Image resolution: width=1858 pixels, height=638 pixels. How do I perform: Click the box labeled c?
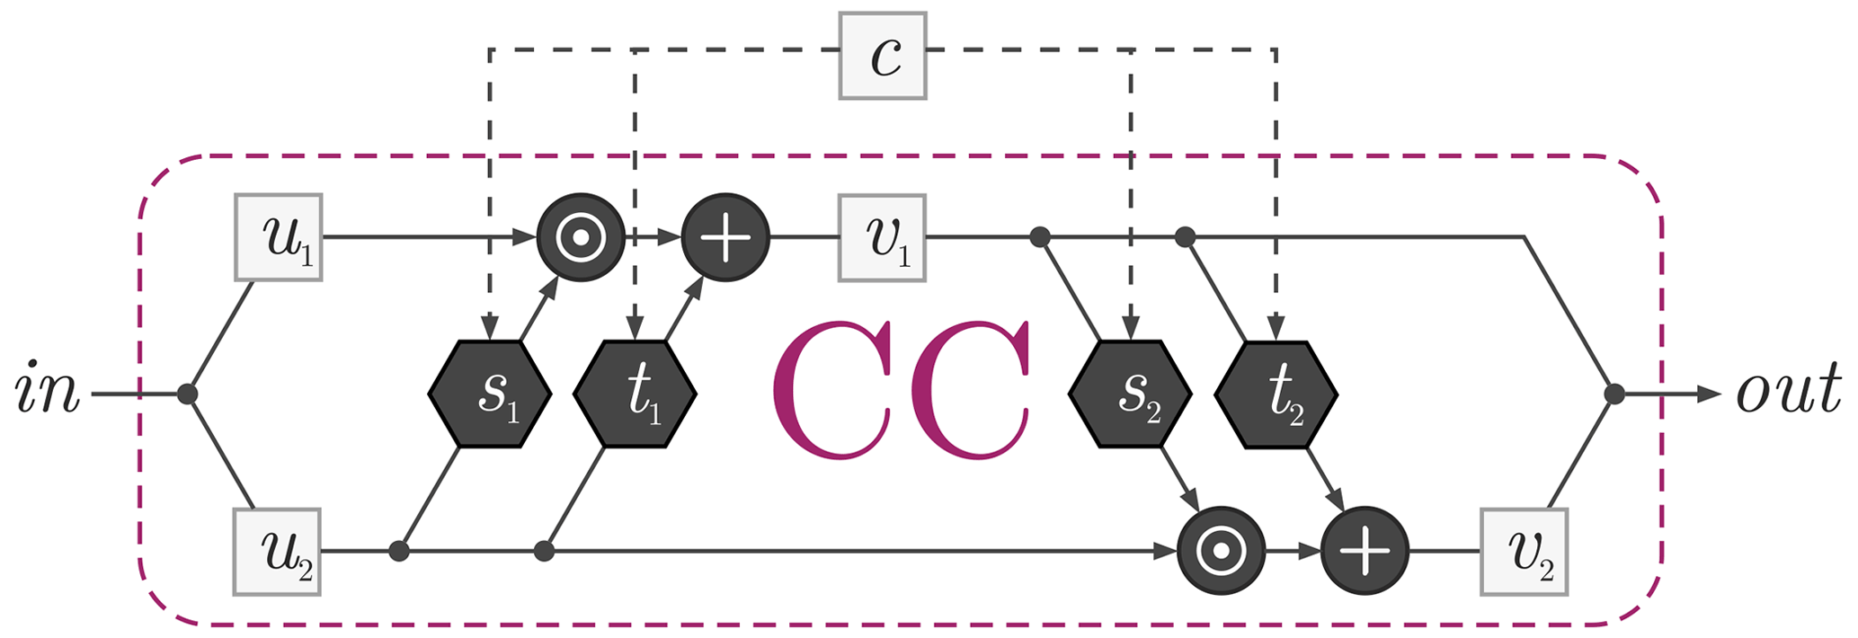click(x=882, y=56)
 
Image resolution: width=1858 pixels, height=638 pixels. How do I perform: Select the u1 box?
click(x=278, y=237)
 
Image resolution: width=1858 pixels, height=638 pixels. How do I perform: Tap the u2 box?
click(x=278, y=551)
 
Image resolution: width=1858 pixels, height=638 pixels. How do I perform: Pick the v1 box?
click(x=882, y=237)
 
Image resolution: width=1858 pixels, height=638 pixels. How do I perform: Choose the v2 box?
click(x=1524, y=551)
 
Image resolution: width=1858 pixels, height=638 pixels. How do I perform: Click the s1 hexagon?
click(x=489, y=394)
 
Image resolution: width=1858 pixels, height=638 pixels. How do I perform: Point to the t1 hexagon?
click(x=635, y=394)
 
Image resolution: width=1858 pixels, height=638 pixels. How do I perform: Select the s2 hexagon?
click(x=1130, y=394)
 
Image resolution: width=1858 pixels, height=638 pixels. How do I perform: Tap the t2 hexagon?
click(x=1276, y=394)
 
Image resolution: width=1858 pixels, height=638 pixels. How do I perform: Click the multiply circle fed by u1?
click(x=580, y=237)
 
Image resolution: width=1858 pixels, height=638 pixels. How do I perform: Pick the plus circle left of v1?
click(x=725, y=237)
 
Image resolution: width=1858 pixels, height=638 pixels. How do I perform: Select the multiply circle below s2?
click(x=1221, y=551)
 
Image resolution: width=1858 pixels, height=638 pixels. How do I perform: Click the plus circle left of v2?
click(x=1365, y=551)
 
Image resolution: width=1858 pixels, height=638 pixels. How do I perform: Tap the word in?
click(x=47, y=394)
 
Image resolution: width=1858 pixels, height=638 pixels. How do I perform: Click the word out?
click(x=1789, y=394)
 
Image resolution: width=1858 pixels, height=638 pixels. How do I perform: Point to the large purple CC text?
click(x=901, y=394)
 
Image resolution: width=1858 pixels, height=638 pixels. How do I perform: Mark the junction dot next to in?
click(x=187, y=394)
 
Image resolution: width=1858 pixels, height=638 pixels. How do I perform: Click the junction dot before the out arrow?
click(x=1614, y=394)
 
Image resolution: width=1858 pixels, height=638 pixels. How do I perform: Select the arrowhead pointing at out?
click(x=1707, y=394)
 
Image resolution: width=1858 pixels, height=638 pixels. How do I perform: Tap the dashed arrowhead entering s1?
click(x=489, y=328)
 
